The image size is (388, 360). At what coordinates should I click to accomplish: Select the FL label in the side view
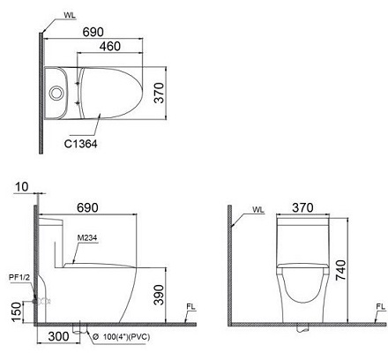(x=190, y=307)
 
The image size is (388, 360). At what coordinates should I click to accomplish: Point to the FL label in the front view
(x=379, y=307)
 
